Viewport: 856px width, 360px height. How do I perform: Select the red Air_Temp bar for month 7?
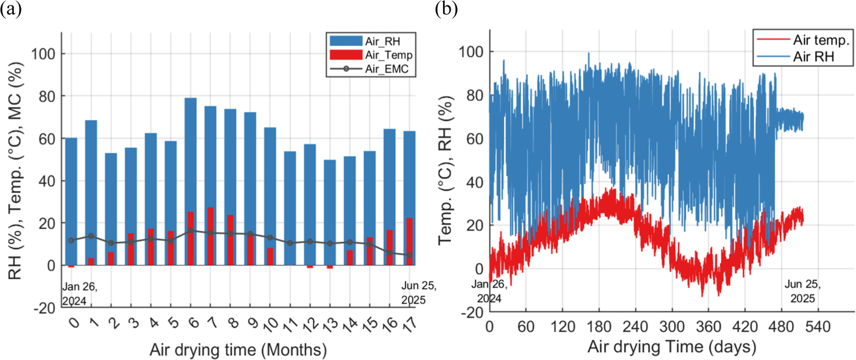(211, 236)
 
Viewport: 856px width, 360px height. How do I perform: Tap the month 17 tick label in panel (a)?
(409, 323)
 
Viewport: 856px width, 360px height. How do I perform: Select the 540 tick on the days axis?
(818, 327)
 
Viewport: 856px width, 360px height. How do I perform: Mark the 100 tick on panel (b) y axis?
(471, 52)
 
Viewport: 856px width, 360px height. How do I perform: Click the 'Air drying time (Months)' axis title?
(238, 350)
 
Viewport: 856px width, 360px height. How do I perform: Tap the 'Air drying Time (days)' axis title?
(672, 347)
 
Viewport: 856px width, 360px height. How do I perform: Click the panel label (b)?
(446, 9)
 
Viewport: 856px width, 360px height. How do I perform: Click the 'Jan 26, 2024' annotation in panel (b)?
(489, 291)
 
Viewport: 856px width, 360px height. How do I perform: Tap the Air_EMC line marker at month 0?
(71, 240)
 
